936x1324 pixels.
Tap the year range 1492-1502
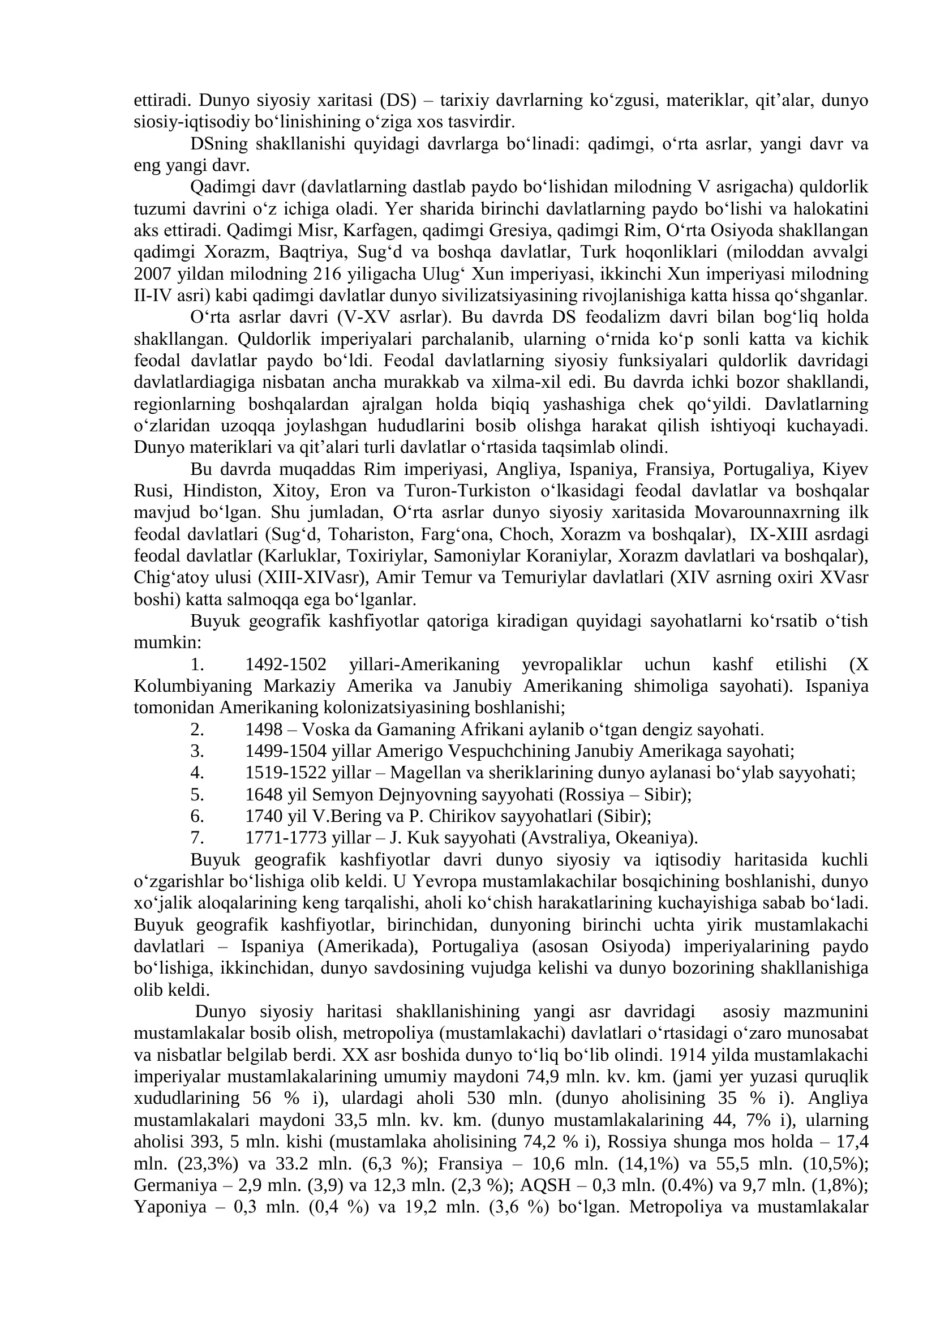click(286, 665)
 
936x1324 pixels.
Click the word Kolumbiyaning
click(193, 687)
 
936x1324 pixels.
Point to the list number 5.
click(197, 795)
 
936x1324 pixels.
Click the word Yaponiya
click(170, 1207)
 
